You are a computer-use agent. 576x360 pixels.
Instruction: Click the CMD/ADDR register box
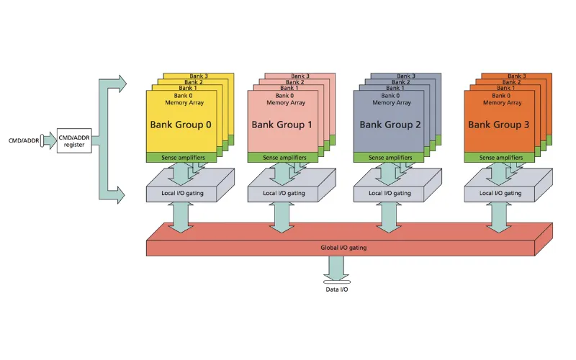coord(74,140)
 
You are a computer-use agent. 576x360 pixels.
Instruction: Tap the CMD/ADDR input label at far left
coord(24,140)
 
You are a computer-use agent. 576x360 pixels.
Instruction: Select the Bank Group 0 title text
coord(181,125)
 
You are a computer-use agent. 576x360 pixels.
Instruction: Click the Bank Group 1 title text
coord(282,125)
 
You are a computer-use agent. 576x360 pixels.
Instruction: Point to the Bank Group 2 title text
coord(390,125)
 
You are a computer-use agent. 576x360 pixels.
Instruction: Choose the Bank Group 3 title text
coord(498,125)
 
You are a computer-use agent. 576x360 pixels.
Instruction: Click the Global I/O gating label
coord(343,248)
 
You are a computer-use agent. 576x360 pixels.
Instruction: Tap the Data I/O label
coord(337,289)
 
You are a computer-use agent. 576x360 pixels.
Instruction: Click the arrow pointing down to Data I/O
coord(336,269)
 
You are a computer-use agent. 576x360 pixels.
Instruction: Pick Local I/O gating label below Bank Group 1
coord(284,193)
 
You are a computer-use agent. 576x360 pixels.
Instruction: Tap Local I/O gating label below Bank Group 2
coord(390,193)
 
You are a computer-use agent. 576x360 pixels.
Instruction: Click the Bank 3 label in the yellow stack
coord(199,76)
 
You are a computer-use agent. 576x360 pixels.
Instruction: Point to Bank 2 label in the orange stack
coord(511,82)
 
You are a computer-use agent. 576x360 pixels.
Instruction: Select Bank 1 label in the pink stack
coord(289,88)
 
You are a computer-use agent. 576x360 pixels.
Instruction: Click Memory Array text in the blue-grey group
coord(392,102)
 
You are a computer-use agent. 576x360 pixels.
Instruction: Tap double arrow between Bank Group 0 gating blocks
coord(181,217)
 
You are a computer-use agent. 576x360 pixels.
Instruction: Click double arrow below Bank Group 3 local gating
coord(498,217)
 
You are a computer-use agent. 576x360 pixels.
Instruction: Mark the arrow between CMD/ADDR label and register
coord(48,140)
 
